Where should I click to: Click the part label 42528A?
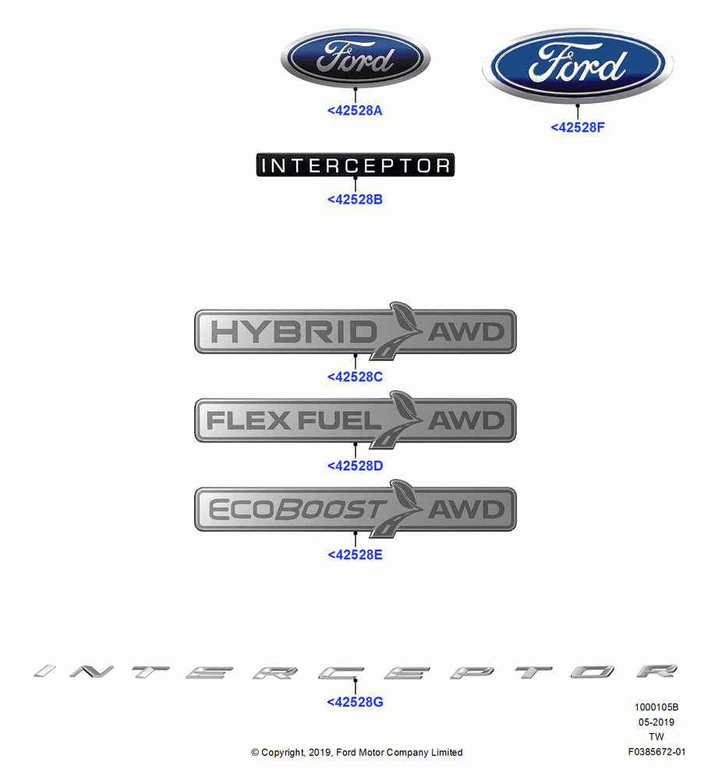(x=355, y=111)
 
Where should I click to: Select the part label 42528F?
(x=578, y=127)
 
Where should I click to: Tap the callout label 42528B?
(x=355, y=200)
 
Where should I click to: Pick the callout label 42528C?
(x=355, y=377)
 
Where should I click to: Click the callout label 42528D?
(x=355, y=466)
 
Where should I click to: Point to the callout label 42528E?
(x=355, y=555)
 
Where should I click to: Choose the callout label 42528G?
(x=355, y=702)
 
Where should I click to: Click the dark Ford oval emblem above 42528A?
(x=355, y=58)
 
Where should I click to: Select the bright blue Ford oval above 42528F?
(x=578, y=66)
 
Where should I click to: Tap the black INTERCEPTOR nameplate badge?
(x=355, y=165)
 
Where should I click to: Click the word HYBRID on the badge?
(x=294, y=331)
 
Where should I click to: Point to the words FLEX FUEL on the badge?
(x=293, y=421)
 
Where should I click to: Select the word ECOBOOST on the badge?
(x=297, y=510)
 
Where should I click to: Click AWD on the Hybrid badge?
(x=466, y=332)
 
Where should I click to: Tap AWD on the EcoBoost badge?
(x=466, y=510)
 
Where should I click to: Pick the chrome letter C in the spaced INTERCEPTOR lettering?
(x=341, y=672)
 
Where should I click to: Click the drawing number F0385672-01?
(x=656, y=752)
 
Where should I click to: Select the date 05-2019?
(x=656, y=721)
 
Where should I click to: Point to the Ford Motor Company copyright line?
(x=356, y=753)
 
